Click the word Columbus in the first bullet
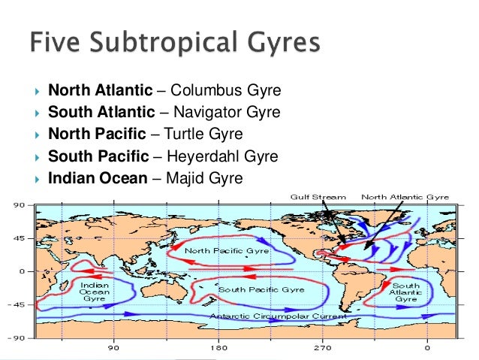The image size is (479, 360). pos(201,92)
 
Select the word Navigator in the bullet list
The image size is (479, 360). pos(203,113)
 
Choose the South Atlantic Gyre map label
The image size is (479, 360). pos(406,292)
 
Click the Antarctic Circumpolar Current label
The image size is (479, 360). pos(278,316)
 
